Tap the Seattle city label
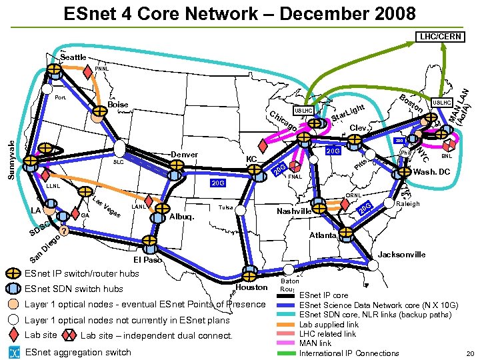click(73, 57)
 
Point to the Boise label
click(117, 105)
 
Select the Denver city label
click(185, 155)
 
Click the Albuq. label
click(182, 217)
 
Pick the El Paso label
click(148, 259)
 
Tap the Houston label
click(252, 288)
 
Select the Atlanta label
click(323, 235)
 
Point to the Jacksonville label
click(402, 255)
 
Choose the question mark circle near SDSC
click(63, 231)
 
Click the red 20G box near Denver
click(218, 182)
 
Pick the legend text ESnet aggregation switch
click(78, 352)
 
